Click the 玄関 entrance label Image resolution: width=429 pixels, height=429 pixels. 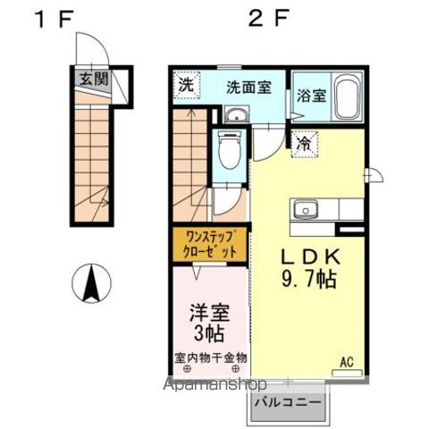pos(93,79)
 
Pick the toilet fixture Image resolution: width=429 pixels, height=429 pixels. pos(229,149)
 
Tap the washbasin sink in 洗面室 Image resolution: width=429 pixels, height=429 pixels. pos(236,114)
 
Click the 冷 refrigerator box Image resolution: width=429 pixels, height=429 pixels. pos(304,142)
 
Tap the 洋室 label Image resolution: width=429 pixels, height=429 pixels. pos(206,315)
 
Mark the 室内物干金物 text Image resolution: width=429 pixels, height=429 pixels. pos(211,357)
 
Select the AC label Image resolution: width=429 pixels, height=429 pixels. pos(346,362)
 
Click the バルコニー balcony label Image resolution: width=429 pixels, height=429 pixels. pos(289,403)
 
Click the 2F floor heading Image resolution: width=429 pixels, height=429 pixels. pos(265,17)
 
